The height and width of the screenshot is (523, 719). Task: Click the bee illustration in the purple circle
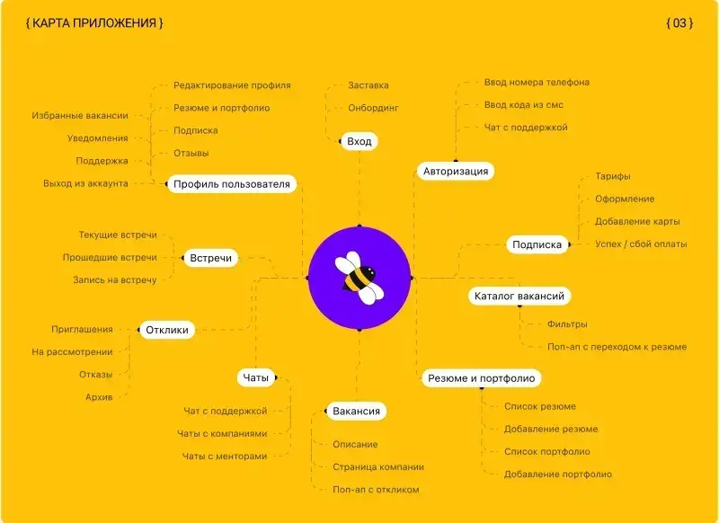click(359, 278)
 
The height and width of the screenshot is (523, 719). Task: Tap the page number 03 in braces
click(679, 23)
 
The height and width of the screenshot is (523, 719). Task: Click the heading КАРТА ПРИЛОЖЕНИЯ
click(94, 23)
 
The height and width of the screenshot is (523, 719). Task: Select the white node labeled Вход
click(359, 141)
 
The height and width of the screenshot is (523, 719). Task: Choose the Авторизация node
click(456, 171)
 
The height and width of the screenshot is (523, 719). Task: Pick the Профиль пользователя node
click(232, 184)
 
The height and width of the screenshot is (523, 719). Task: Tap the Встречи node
click(211, 258)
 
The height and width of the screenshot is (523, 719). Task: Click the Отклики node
click(167, 330)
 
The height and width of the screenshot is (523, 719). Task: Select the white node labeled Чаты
click(256, 377)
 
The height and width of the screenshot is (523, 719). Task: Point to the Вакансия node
click(356, 411)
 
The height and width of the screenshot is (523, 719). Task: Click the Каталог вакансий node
click(519, 296)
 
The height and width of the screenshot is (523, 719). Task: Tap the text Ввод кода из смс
click(524, 105)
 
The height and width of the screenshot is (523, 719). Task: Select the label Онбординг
click(373, 108)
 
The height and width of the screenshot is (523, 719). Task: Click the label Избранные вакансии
click(80, 116)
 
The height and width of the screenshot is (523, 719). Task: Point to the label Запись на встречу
click(115, 280)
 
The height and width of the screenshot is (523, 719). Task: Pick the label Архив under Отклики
click(99, 397)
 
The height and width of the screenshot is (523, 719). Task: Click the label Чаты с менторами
click(225, 457)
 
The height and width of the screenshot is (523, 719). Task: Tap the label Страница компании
click(378, 467)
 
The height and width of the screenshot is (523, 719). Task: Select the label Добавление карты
click(637, 221)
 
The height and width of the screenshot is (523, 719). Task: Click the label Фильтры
click(567, 324)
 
